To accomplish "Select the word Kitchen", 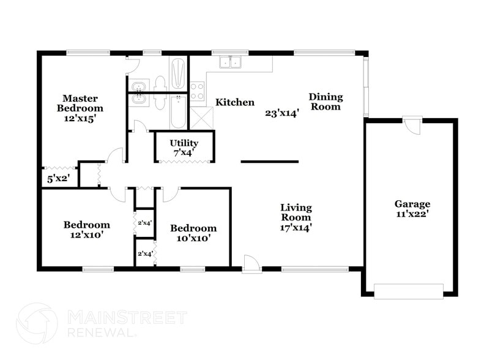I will (235, 102).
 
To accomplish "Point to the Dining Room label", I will (326, 102).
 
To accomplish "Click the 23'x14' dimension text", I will (281, 113).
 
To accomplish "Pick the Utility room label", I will (184, 143).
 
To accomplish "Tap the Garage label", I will (412, 204).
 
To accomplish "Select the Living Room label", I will (296, 212).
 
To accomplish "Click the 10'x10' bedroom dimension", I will (193, 238).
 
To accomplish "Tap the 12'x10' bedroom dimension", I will (86, 234).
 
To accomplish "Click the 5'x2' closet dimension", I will (59, 179).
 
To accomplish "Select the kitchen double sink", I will (231, 62).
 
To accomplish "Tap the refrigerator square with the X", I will (201, 118).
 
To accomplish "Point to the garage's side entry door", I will (412, 126).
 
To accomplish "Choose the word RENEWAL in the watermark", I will (100, 332).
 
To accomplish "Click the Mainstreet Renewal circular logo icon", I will (36, 323).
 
